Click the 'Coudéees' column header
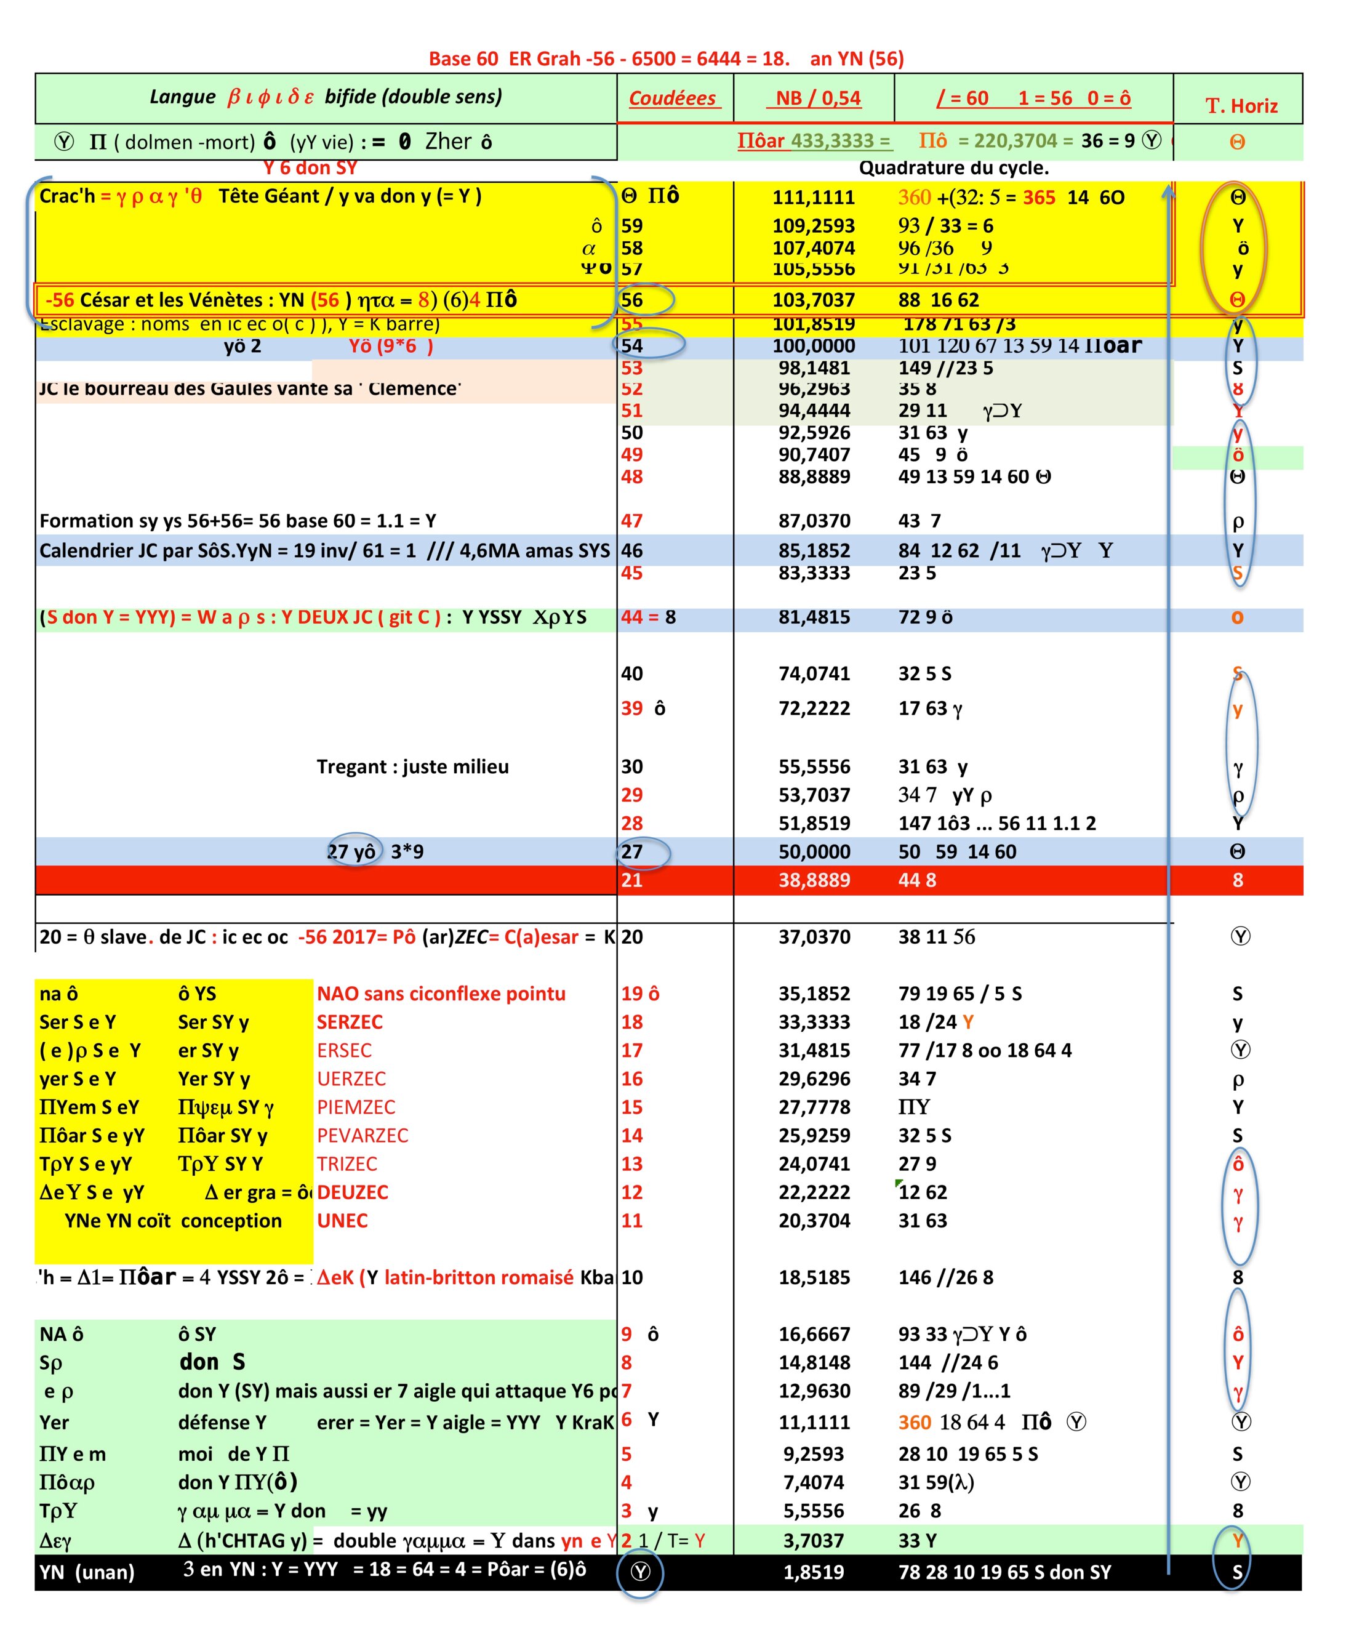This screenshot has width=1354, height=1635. click(x=672, y=98)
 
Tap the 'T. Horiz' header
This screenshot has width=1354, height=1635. click(x=1241, y=106)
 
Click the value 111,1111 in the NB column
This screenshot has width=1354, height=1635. click(x=813, y=198)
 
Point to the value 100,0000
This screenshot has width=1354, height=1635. click(x=813, y=346)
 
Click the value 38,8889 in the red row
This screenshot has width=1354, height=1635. click(x=814, y=880)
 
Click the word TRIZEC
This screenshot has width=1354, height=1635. click(x=347, y=1164)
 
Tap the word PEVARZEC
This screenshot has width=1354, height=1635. click(x=362, y=1136)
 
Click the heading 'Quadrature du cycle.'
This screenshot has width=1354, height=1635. click(x=954, y=168)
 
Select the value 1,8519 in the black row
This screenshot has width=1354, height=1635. click(x=813, y=1572)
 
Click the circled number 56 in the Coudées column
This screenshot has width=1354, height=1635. click(x=632, y=300)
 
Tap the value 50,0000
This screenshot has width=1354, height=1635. click(x=814, y=852)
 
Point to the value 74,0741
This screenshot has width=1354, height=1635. click(x=814, y=673)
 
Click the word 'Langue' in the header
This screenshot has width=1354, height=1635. click(x=182, y=97)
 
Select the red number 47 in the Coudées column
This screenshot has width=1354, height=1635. click(x=631, y=521)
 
